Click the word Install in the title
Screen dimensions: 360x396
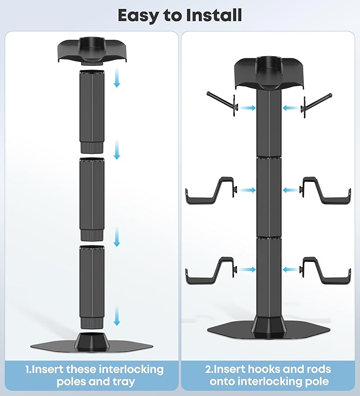click(x=214, y=15)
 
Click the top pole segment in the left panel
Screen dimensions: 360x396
click(x=92, y=111)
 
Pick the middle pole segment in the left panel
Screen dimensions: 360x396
click(x=92, y=199)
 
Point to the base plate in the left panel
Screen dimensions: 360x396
click(x=91, y=345)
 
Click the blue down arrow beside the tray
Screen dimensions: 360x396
click(x=117, y=77)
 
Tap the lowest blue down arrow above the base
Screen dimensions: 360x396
click(x=117, y=316)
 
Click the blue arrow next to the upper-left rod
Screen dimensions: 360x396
click(x=247, y=108)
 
